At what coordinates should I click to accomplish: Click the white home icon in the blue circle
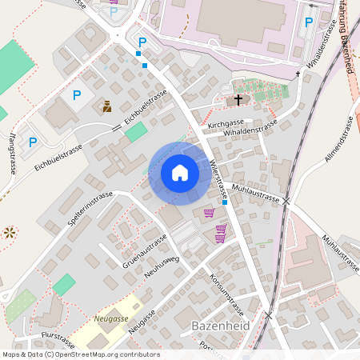pyautogui.click(x=180, y=172)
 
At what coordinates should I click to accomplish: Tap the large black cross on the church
pyautogui.click(x=238, y=100)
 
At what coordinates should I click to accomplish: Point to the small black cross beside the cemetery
pyautogui.click(x=298, y=74)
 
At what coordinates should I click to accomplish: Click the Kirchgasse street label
pyautogui.click(x=225, y=125)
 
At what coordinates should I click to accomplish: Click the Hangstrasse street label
pyautogui.click(x=14, y=154)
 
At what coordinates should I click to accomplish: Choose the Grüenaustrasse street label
pyautogui.click(x=144, y=249)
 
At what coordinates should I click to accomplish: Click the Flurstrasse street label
pyautogui.click(x=57, y=337)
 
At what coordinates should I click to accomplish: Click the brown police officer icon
pyautogui.click(x=107, y=106)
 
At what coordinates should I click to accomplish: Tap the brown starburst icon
pyautogui.click(x=10, y=233)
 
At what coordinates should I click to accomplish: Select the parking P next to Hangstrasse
pyautogui.click(x=33, y=142)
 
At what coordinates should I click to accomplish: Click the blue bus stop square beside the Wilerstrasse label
pyautogui.click(x=225, y=202)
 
